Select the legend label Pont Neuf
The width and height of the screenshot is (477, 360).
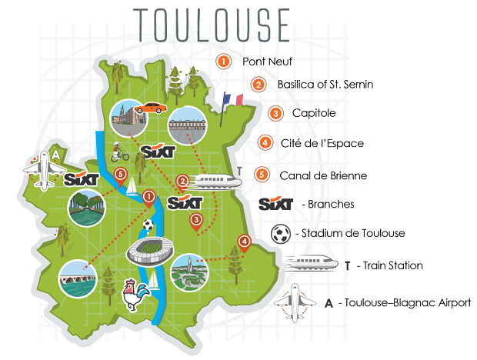[268, 61]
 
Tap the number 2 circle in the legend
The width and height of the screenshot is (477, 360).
[259, 85]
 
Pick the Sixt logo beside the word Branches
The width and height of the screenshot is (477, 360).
[278, 205]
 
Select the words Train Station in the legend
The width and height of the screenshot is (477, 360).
[393, 265]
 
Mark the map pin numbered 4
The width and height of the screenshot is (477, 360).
[244, 244]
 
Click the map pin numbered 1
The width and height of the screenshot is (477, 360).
[148, 198]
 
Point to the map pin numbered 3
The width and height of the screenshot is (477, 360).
[196, 222]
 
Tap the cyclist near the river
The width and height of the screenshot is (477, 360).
[118, 151]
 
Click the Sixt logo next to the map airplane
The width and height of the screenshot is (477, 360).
[81, 181]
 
